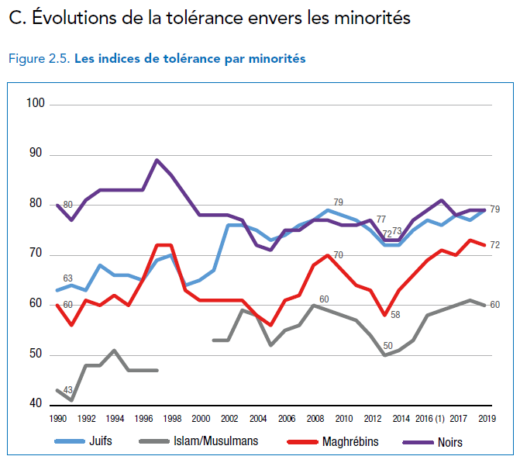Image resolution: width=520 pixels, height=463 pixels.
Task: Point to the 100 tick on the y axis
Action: pyautogui.click(x=36, y=103)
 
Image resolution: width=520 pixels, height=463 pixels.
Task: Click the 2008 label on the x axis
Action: pyautogui.click(x=315, y=418)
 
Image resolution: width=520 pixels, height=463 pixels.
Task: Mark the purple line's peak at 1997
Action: pyautogui.click(x=157, y=160)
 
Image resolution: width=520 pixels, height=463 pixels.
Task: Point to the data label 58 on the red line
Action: pyautogui.click(x=395, y=314)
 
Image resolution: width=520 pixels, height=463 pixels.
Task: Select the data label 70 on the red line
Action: pyautogui.click(x=338, y=254)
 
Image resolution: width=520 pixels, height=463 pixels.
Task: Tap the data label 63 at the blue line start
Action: pyautogui.click(x=67, y=278)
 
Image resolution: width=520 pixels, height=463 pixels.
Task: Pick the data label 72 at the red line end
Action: pyautogui.click(x=494, y=245)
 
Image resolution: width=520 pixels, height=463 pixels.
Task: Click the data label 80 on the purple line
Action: pyautogui.click(x=67, y=205)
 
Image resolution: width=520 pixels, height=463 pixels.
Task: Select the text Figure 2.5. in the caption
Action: pyautogui.click(x=39, y=59)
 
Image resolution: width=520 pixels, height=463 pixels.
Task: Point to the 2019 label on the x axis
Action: pyautogui.click(x=487, y=418)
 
